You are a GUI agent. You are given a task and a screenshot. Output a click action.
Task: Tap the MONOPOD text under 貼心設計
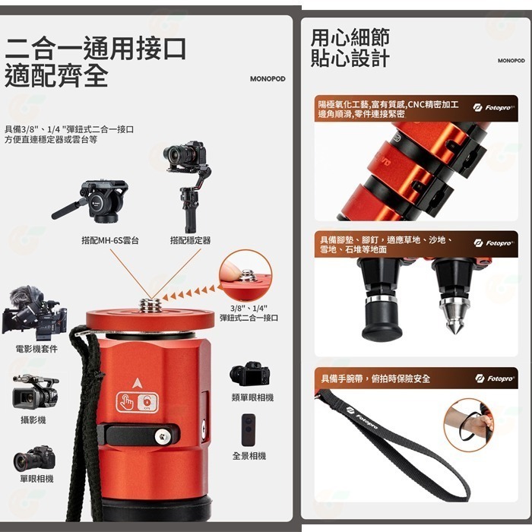(x=511, y=61)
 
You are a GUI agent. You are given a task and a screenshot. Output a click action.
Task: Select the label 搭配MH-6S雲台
(x=110, y=240)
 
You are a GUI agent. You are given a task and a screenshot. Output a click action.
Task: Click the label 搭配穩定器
(x=190, y=240)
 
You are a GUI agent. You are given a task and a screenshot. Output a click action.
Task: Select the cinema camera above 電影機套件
(x=33, y=312)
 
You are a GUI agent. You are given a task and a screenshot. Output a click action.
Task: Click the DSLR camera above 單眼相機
(x=34, y=459)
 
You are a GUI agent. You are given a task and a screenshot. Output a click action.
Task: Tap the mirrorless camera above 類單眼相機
(x=249, y=374)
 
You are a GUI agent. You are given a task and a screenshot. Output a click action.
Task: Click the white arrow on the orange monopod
(x=137, y=382)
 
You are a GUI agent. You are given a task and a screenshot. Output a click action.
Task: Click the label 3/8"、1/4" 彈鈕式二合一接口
(x=249, y=313)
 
